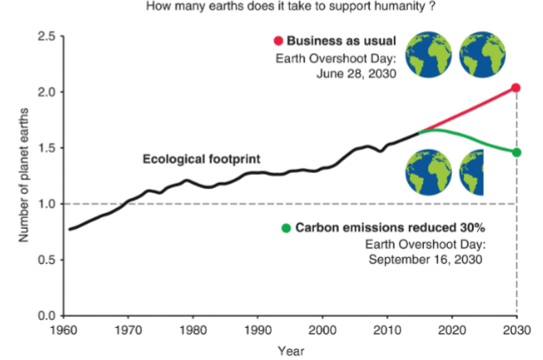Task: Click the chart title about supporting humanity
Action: pos(271,8)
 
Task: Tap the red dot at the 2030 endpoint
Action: pos(515,88)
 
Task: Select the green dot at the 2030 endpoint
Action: pos(515,152)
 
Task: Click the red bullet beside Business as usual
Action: pos(278,40)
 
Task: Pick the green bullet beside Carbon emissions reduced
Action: pos(285,228)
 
